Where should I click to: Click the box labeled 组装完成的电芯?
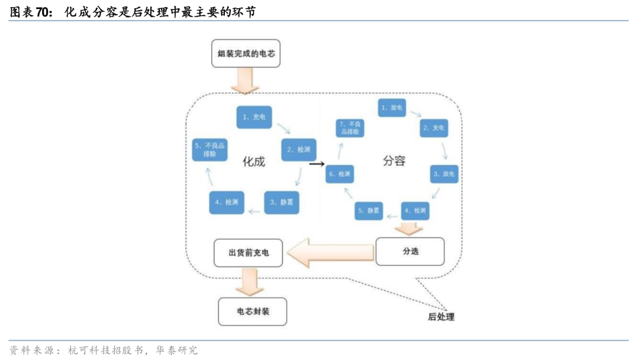point(246,55)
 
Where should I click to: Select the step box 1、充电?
point(254,117)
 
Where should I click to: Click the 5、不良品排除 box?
point(209,149)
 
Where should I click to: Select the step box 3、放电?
point(444,173)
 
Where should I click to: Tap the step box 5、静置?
point(369,210)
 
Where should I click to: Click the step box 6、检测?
point(340,174)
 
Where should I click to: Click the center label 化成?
point(254,161)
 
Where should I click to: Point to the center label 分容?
point(393,160)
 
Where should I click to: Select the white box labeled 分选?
point(410,251)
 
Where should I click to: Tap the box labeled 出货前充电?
point(248,252)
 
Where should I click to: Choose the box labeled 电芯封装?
point(253,311)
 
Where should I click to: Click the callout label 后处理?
point(441,317)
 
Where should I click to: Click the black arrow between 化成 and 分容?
point(318,163)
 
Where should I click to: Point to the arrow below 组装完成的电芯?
point(245,81)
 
